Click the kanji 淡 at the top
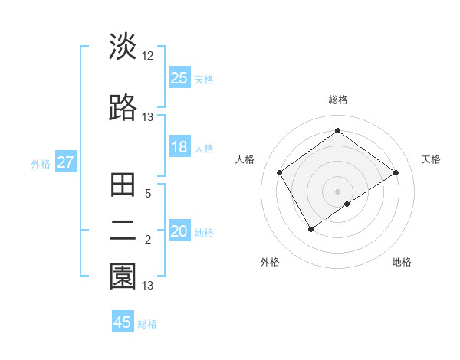coord(123,47)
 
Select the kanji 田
coord(123,186)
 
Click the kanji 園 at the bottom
coord(123,277)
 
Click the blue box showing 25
coord(179,77)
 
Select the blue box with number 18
coord(179,147)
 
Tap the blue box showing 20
coord(179,231)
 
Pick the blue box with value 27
coord(65,162)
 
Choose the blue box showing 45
coord(123,322)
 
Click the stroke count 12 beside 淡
coord(148,56)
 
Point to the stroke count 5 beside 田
coord(148,195)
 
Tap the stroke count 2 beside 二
coord(148,241)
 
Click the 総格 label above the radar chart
coord(337,100)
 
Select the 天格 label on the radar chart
coord(432,159)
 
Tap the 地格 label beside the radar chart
coord(402,262)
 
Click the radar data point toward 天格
coord(396,172)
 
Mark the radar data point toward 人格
coord(280,172)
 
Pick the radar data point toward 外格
coord(310,229)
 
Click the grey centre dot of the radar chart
coord(337,191)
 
